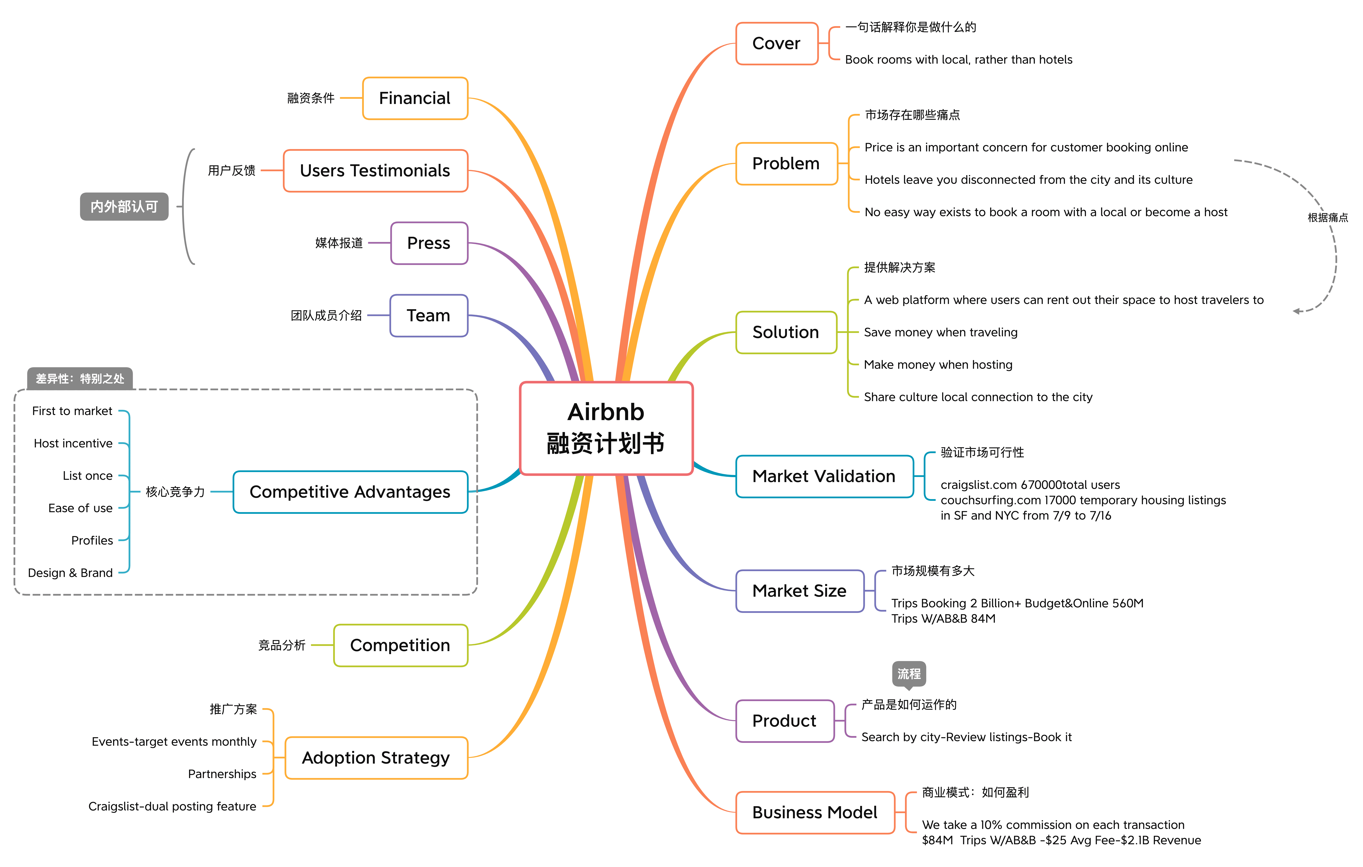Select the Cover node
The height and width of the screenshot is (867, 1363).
pyautogui.click(x=777, y=44)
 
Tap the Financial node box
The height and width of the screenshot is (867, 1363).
pyautogui.click(x=415, y=98)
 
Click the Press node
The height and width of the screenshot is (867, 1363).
pyautogui.click(x=429, y=243)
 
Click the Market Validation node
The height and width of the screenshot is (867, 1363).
pyautogui.click(x=824, y=477)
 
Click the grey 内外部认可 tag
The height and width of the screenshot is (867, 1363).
pyautogui.click(x=124, y=207)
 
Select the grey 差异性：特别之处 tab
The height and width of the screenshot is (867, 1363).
pyautogui.click(x=80, y=379)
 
